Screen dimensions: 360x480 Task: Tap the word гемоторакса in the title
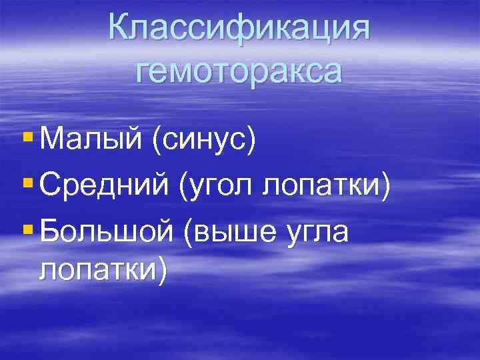click(239, 68)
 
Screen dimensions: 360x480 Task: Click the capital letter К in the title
click(121, 27)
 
